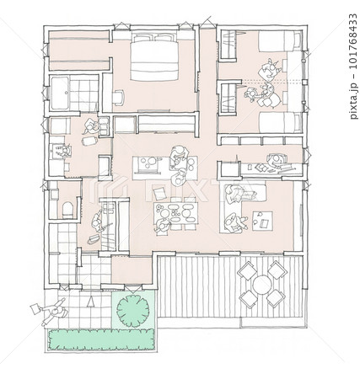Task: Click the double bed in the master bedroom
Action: (x=154, y=57)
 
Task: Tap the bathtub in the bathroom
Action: (x=60, y=93)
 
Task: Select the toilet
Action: (x=67, y=210)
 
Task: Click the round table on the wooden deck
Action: (x=262, y=285)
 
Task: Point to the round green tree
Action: (x=132, y=310)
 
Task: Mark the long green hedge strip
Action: (x=102, y=339)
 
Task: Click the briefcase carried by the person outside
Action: (x=35, y=309)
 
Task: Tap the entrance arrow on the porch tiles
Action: (x=90, y=302)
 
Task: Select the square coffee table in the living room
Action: (x=262, y=221)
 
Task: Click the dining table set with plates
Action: (x=176, y=213)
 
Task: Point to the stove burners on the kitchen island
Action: (x=148, y=163)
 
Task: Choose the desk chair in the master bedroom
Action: (x=118, y=97)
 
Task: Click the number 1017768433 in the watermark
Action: (x=353, y=41)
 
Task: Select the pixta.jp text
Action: (x=353, y=99)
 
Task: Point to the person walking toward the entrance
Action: (x=55, y=312)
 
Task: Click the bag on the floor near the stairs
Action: (x=93, y=239)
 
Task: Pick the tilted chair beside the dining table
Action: (x=159, y=194)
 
